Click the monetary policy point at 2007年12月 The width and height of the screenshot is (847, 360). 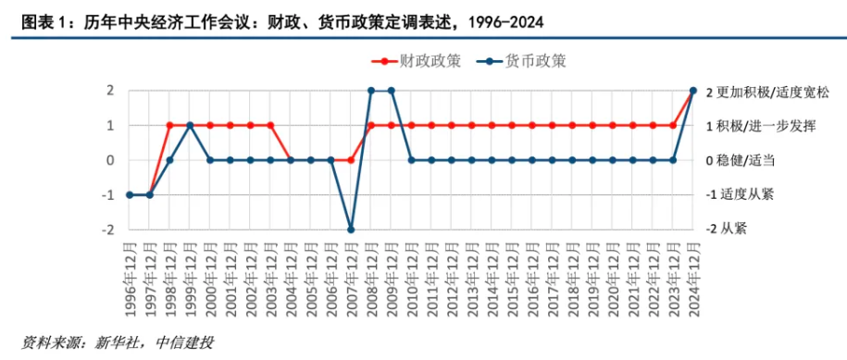(x=351, y=230)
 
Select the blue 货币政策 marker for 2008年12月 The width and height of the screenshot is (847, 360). (x=371, y=91)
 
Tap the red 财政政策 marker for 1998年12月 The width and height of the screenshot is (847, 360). (x=169, y=125)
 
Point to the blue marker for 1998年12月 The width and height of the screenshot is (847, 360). (x=169, y=160)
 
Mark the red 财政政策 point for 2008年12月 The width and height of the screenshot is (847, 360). (x=371, y=125)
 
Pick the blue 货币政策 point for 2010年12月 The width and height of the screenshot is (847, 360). (x=412, y=160)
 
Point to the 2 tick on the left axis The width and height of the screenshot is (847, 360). (x=109, y=91)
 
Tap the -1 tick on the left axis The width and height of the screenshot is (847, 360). (x=106, y=195)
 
